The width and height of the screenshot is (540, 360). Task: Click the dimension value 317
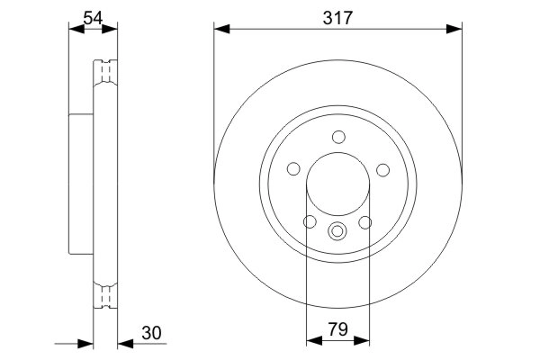[x=337, y=17]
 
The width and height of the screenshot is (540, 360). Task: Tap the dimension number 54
[x=93, y=17]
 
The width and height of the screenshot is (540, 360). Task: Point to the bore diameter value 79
[x=338, y=330]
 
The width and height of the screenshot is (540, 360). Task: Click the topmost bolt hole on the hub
[x=338, y=137]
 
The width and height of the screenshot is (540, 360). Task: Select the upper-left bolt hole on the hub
[x=293, y=169]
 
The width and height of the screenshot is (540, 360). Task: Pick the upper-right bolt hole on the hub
[x=382, y=169]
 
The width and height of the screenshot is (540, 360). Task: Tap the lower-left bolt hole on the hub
[x=310, y=222]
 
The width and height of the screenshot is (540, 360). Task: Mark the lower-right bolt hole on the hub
[x=365, y=222]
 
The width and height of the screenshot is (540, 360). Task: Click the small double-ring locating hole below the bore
[x=338, y=230]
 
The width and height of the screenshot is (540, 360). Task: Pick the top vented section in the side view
[x=105, y=72]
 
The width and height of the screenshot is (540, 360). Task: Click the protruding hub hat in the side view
[x=81, y=184]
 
